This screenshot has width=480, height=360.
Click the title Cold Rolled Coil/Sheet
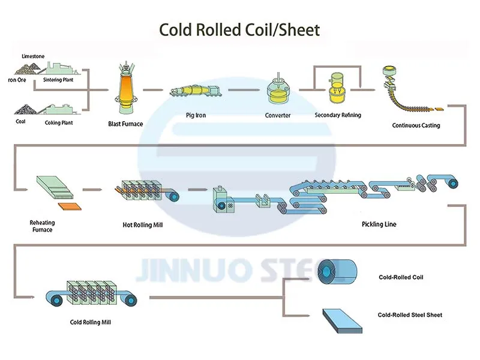[239, 29]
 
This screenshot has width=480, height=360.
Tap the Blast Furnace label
[125, 124]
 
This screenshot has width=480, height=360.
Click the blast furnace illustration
[125, 90]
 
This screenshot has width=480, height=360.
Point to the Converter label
[278, 115]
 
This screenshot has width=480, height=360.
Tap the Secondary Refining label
[338, 115]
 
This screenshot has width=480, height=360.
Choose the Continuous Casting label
[416, 125]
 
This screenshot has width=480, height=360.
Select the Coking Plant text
[58, 122]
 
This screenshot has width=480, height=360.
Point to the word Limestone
[32, 56]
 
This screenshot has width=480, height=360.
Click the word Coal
[20, 122]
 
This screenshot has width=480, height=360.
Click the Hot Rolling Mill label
[143, 225]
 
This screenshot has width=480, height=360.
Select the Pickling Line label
[379, 224]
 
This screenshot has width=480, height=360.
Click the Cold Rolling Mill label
[91, 322]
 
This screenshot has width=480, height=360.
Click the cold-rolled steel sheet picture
[341, 320]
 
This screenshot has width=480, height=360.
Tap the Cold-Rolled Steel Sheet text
[410, 314]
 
